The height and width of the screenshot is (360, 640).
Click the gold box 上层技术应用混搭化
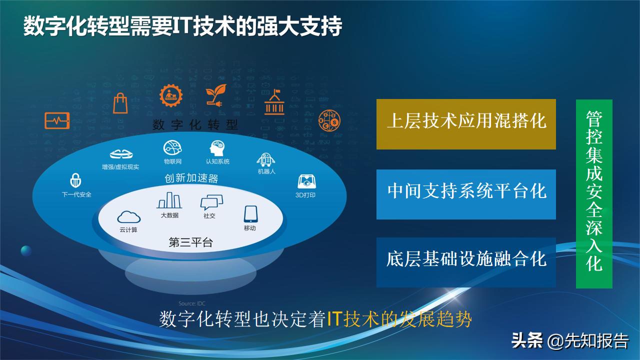(x=466, y=124)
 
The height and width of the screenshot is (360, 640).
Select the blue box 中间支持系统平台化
(x=466, y=194)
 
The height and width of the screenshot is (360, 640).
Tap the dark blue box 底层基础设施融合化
(x=466, y=262)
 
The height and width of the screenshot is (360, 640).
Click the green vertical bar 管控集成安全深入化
(x=594, y=193)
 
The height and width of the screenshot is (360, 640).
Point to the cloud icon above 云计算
(x=128, y=216)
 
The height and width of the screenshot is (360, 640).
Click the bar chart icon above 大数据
(x=169, y=200)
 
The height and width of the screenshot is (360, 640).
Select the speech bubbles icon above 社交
(x=209, y=202)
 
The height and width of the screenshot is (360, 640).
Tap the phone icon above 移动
(x=250, y=214)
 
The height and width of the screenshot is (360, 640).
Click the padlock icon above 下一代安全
(x=76, y=180)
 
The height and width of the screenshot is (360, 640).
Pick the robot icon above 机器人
(x=266, y=159)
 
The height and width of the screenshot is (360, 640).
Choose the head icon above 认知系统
(x=217, y=148)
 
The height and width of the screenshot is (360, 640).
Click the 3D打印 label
(x=305, y=195)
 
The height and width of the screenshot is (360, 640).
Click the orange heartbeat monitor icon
(x=57, y=120)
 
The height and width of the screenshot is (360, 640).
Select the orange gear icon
(x=169, y=96)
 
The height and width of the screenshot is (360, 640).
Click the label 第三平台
(x=190, y=243)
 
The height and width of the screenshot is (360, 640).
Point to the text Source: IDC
(x=192, y=303)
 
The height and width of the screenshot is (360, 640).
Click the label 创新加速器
(x=191, y=178)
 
